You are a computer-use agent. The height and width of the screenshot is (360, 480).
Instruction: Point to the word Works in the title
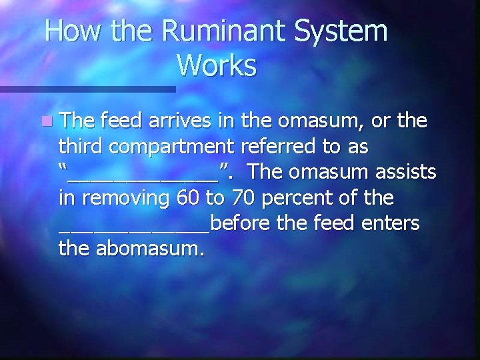click(217, 66)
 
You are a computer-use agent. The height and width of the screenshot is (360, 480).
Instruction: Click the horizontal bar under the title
click(87, 89)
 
